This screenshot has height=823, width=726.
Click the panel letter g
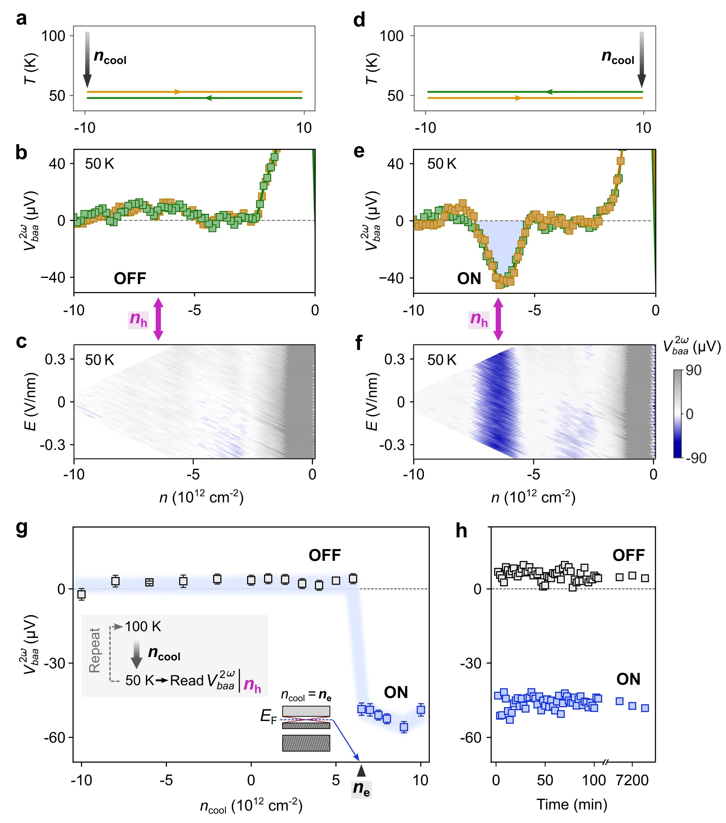click(x=22, y=529)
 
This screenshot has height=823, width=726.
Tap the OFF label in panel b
click(x=130, y=279)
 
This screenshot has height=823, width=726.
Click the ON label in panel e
click(x=469, y=279)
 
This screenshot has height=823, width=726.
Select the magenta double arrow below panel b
click(x=158, y=319)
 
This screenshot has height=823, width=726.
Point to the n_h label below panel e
click(x=479, y=320)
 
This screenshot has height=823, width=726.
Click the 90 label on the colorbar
click(x=693, y=370)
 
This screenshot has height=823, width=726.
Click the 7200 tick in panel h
click(x=632, y=781)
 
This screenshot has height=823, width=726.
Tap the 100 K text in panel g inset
click(x=143, y=627)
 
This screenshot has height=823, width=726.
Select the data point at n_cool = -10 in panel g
click(x=82, y=594)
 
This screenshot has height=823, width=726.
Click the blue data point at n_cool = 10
click(x=421, y=710)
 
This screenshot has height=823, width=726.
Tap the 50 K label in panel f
click(x=442, y=360)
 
